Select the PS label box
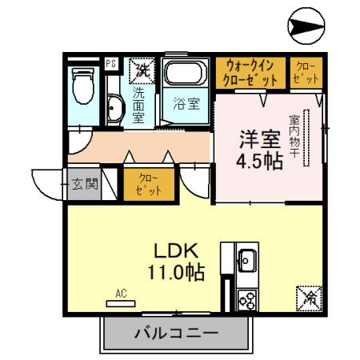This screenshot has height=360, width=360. point(110,61)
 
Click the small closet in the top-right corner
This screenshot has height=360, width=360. point(306,73)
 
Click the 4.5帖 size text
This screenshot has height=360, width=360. point(258,160)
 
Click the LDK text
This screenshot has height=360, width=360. point(171,249)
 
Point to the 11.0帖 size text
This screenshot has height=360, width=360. point(171,271)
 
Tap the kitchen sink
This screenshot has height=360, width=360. point(246,260)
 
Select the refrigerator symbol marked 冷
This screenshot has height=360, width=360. point(309,299)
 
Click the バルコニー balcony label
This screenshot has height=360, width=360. point(175,333)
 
